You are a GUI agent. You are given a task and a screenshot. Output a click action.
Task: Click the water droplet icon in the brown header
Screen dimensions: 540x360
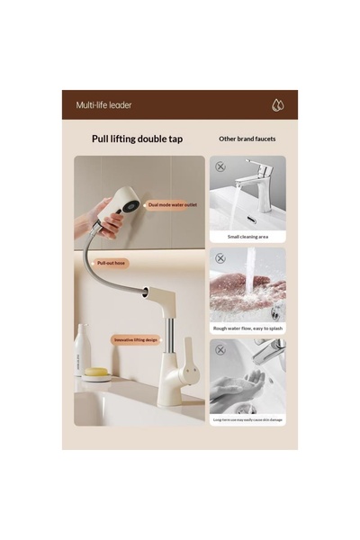click(278, 104)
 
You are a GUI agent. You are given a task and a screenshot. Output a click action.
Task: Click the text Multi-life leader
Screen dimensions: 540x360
click(103, 105)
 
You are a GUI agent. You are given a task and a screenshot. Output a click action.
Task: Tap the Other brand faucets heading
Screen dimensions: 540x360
click(247, 139)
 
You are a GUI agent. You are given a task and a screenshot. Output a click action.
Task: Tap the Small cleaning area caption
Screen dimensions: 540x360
click(247, 237)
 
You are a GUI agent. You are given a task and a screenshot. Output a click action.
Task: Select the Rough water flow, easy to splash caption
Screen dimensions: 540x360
click(247, 328)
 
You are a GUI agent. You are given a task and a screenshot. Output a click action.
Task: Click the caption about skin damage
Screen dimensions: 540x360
click(247, 419)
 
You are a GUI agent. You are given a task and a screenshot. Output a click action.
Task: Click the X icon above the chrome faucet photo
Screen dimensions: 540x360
click(220, 166)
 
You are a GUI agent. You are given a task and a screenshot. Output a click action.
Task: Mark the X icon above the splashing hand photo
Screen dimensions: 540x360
click(220, 257)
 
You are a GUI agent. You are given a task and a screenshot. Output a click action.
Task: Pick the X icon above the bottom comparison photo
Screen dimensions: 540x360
click(220, 346)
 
